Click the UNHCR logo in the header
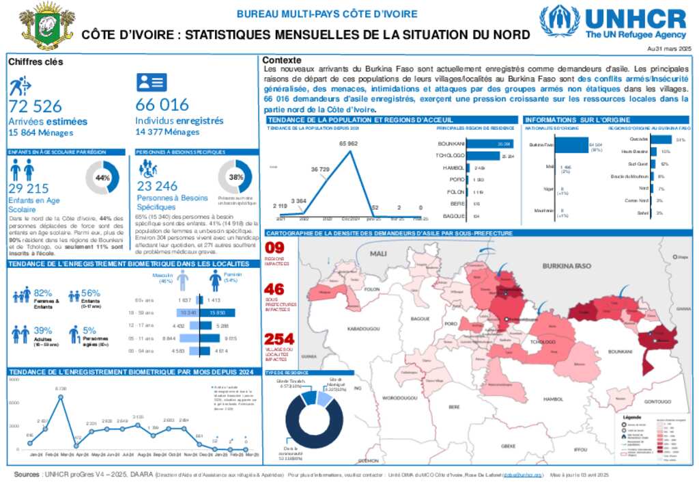click(x=612, y=23)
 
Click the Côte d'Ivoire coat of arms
click(x=46, y=25)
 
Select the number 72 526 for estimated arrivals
click(x=35, y=106)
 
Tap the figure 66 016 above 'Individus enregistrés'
click(x=162, y=105)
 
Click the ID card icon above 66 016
click(x=151, y=83)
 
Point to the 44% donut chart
click(x=102, y=178)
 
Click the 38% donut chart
click(x=236, y=177)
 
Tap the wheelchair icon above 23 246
click(x=147, y=168)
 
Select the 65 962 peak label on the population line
click(x=348, y=144)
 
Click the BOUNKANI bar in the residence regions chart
click(x=490, y=144)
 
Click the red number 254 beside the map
click(x=279, y=339)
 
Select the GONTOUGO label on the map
click(x=657, y=401)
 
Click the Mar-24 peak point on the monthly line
click(x=60, y=396)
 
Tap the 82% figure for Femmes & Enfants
click(x=42, y=293)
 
